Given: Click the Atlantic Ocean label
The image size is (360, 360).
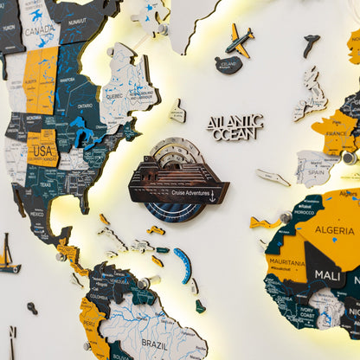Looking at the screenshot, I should click(235, 126).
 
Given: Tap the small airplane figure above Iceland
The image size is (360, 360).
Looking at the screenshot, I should click(240, 40).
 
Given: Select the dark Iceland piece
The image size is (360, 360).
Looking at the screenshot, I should click(228, 64).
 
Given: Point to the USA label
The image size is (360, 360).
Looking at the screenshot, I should click(41, 148).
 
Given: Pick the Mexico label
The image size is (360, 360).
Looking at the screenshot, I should click(37, 212).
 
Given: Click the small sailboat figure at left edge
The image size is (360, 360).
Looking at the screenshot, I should click(7, 256).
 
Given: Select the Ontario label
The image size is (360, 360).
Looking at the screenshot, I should click(85, 106).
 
